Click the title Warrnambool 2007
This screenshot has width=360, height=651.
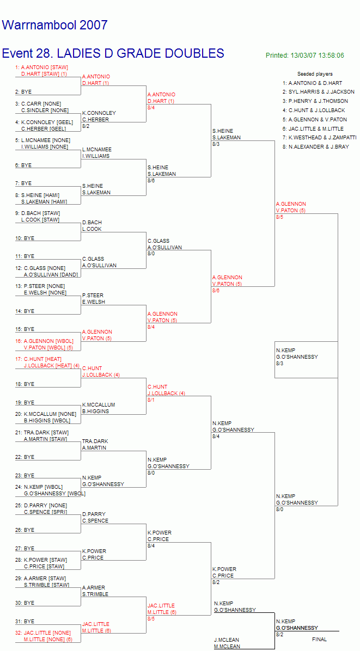click(x=55, y=25)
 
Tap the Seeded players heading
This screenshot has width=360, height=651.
click(x=315, y=74)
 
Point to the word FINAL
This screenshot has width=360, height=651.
click(x=319, y=640)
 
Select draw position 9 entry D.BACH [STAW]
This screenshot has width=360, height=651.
click(x=40, y=213)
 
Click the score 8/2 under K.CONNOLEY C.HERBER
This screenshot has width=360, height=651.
click(x=86, y=126)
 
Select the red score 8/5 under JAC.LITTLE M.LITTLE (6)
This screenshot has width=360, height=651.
click(x=151, y=619)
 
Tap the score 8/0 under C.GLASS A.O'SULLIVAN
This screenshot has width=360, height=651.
click(x=151, y=254)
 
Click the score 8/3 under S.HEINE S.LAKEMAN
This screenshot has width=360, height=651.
click(x=216, y=144)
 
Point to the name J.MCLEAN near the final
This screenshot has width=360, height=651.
click(x=227, y=640)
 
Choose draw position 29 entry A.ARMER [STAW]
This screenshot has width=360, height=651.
click(x=42, y=579)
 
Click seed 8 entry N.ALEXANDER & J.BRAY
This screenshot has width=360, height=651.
click(x=316, y=146)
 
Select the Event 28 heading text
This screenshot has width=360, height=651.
click(x=113, y=53)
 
